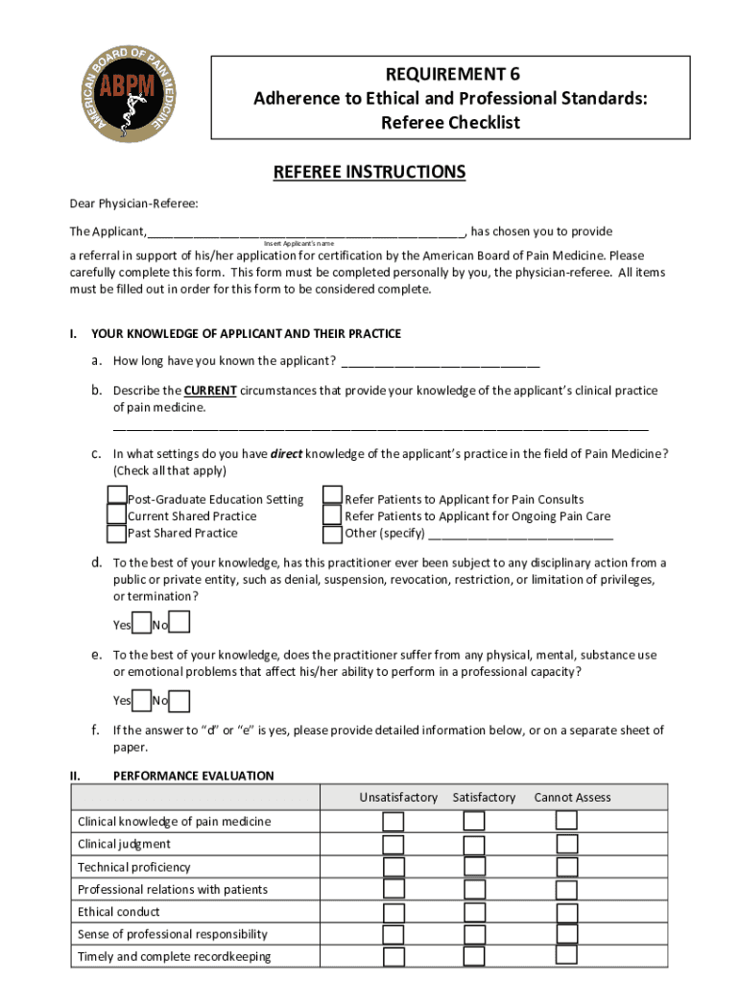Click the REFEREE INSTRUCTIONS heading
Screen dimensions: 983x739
(369, 173)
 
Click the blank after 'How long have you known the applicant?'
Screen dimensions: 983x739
(440, 362)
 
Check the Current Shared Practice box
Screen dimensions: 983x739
(117, 515)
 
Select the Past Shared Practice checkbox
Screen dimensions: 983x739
(117, 533)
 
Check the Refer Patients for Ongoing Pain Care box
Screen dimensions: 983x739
(333, 515)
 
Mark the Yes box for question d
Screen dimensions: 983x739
(141, 624)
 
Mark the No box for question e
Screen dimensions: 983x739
(179, 701)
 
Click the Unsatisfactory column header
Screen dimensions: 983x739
(398, 798)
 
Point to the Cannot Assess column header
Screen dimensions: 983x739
(572, 798)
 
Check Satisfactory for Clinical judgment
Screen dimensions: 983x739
(474, 845)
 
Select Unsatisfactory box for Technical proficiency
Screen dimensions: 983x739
(393, 868)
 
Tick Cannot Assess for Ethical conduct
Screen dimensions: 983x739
(567, 912)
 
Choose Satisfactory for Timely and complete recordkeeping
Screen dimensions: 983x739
(474, 957)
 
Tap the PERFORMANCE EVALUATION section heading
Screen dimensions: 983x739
(193, 776)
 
